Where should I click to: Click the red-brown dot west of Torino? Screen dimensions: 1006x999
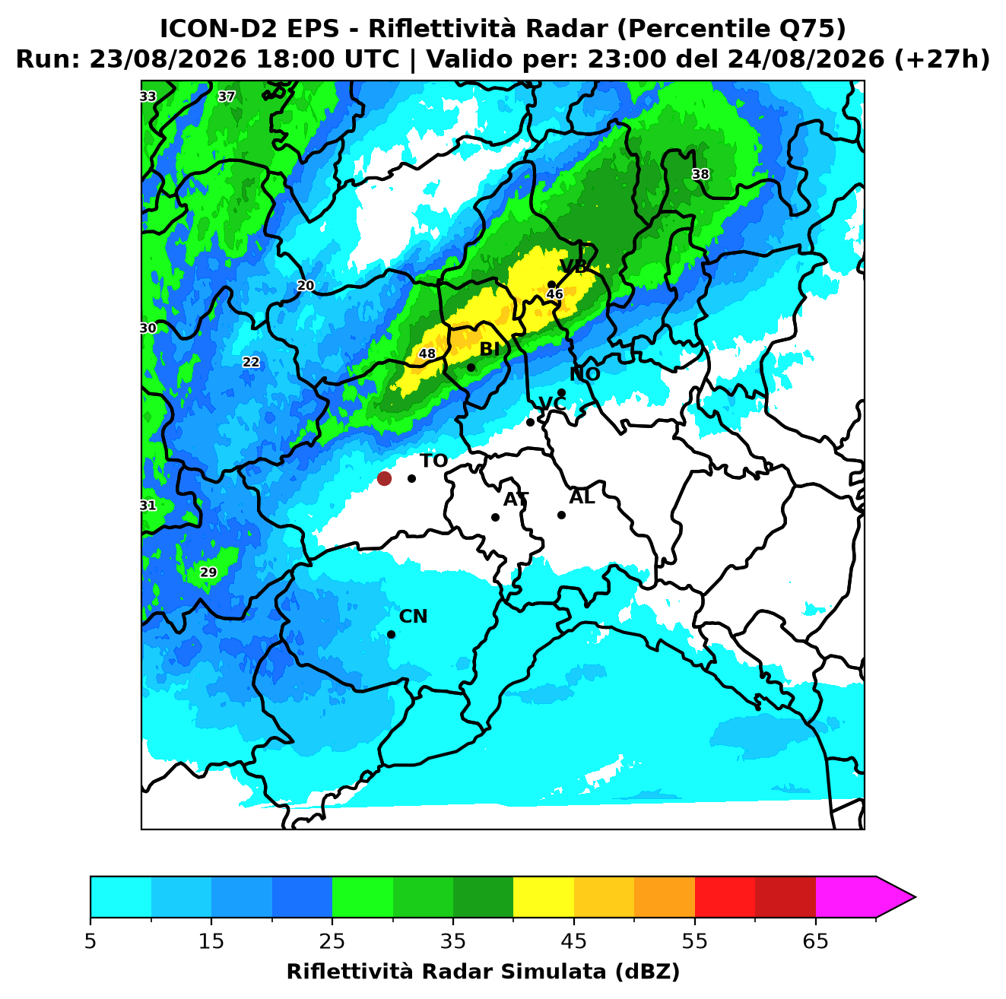[x=384, y=477]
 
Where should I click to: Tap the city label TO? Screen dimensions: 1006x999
[x=434, y=461]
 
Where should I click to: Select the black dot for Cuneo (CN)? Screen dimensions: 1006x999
[x=391, y=635]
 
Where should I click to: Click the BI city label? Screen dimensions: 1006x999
[x=490, y=349]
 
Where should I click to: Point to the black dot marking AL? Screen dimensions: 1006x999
[x=561, y=515]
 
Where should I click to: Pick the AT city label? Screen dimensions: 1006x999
[x=516, y=499]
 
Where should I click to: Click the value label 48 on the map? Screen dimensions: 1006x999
[x=427, y=354]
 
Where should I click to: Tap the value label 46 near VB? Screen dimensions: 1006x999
[x=554, y=294]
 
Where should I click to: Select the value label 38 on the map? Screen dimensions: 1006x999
[x=700, y=174]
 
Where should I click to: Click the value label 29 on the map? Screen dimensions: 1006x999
[x=208, y=572]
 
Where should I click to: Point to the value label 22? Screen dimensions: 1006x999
[x=251, y=362]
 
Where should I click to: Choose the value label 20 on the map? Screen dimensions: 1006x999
[x=306, y=286]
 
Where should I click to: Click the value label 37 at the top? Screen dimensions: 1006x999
[x=226, y=96]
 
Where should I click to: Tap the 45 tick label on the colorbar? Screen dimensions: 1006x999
[x=574, y=941]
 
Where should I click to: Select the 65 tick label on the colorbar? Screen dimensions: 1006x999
[x=815, y=941]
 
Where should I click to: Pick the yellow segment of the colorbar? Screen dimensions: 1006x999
[x=544, y=898]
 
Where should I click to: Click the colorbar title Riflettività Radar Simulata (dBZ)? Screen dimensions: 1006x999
[x=483, y=972]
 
